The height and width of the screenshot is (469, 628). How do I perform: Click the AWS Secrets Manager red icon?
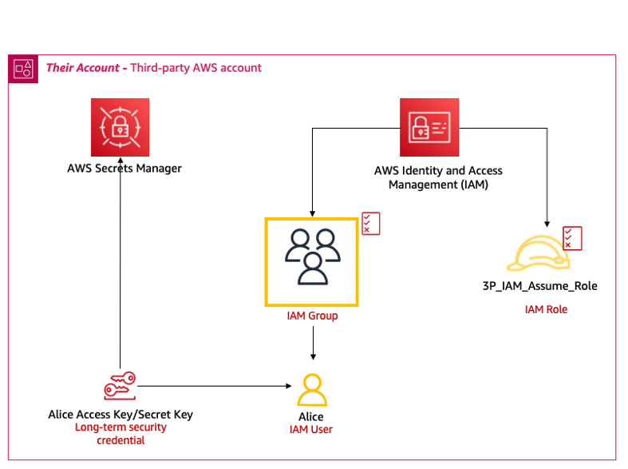pos(120,128)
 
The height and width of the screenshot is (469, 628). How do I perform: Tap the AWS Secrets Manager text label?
pos(124,169)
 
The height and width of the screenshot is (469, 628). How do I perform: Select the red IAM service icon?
pos(429,127)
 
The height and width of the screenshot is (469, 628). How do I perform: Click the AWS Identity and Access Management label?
pos(438,177)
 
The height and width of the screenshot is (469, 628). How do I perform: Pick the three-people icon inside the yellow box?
pos(312,256)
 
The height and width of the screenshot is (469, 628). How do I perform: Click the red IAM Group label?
pos(312,316)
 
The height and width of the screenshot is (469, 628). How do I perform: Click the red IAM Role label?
pos(546,309)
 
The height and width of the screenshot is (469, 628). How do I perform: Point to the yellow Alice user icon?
pos(312,390)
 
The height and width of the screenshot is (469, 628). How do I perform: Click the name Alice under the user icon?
pos(311,416)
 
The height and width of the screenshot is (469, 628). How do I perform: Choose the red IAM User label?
pos(311,430)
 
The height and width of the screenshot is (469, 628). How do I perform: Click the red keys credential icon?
pos(120,387)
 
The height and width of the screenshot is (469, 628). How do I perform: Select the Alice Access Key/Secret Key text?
pos(120,415)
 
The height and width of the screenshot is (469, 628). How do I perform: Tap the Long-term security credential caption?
pos(120,434)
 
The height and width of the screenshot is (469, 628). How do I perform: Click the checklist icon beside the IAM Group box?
pos(371,224)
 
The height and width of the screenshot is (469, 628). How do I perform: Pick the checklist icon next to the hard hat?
pos(572,238)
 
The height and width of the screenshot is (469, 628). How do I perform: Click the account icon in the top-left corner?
pos(22,69)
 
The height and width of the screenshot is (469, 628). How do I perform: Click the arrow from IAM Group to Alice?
pos(312,344)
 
